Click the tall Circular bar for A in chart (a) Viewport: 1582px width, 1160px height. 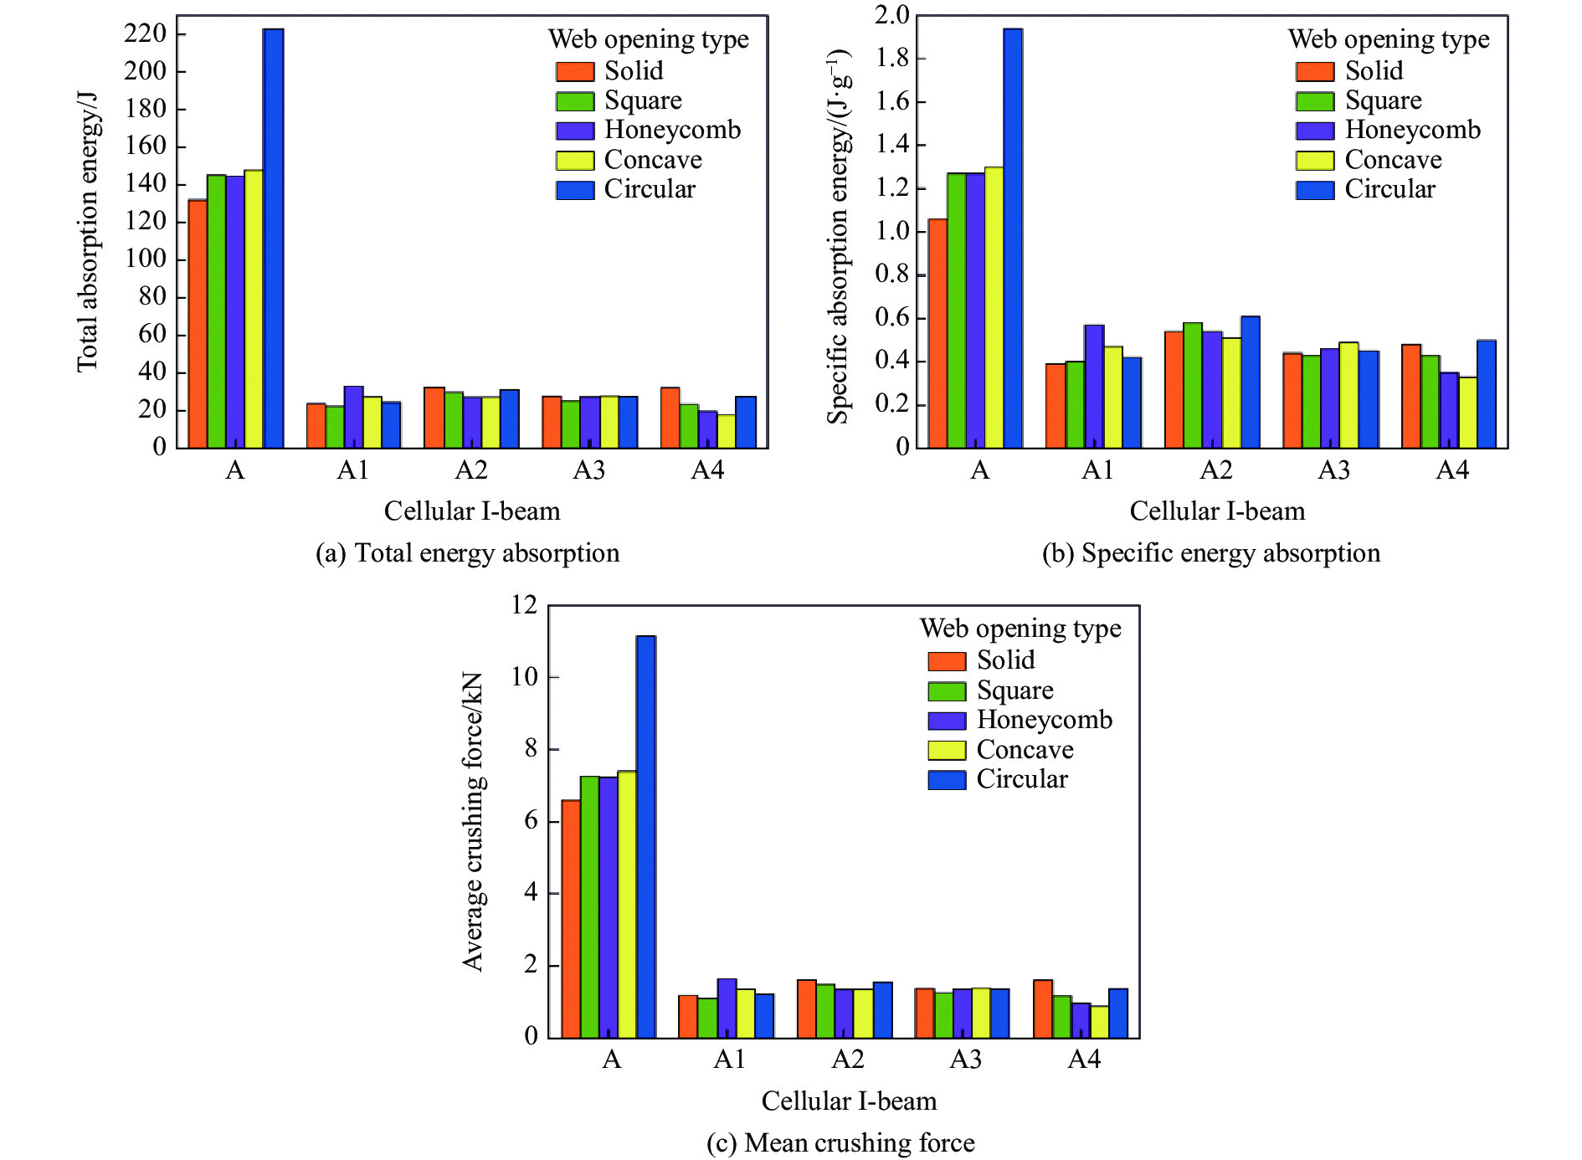click(273, 239)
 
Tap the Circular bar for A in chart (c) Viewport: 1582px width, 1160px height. click(645, 837)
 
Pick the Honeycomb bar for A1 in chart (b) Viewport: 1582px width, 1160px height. click(1094, 387)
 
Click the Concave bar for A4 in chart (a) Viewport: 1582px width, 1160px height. click(726, 431)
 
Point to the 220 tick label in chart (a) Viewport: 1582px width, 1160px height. click(146, 33)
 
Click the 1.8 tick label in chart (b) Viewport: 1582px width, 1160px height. click(892, 59)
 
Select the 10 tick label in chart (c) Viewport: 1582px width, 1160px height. click(525, 676)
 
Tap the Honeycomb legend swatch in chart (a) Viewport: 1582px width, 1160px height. click(575, 131)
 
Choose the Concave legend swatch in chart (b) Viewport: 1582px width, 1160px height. click(1315, 160)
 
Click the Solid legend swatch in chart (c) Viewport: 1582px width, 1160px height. click(947, 661)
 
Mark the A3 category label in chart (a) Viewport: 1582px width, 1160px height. click(589, 470)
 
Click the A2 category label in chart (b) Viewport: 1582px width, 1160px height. click(1216, 470)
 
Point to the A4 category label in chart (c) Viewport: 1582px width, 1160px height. click(1084, 1060)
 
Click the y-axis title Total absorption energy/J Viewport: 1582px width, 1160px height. click(88, 231)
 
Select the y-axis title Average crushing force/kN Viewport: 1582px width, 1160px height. click(473, 821)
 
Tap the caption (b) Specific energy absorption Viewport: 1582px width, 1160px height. click(1210, 553)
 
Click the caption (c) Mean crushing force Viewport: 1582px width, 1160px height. click(840, 1142)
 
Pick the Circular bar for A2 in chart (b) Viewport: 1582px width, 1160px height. click(1251, 382)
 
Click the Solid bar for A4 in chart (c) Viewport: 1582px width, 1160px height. click(1043, 1009)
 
